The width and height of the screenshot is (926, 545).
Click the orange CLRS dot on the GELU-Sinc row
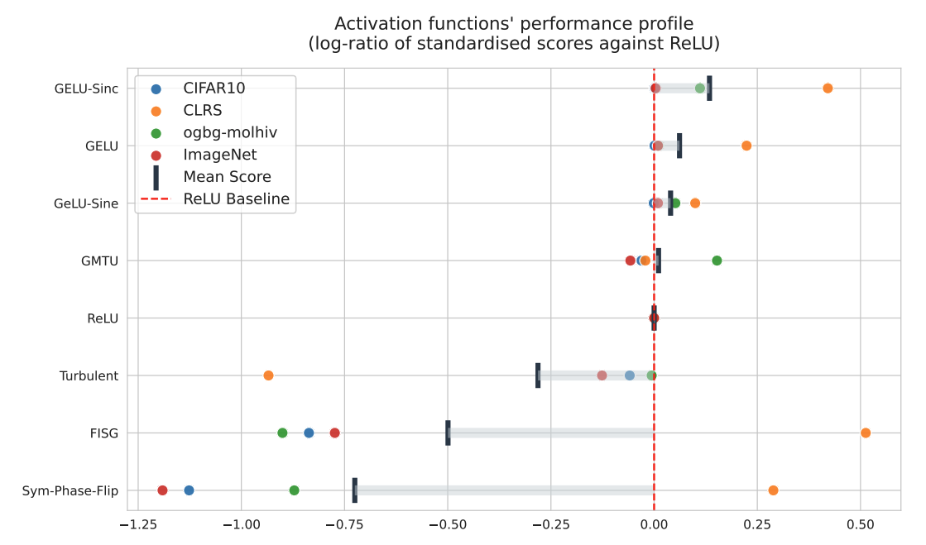[x=828, y=88]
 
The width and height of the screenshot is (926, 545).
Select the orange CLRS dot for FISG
[x=866, y=433]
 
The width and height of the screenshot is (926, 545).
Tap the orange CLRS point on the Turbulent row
[x=268, y=375]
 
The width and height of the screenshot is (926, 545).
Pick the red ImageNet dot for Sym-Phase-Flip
[x=162, y=490]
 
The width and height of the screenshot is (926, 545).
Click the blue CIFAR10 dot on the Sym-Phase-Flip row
[x=189, y=490]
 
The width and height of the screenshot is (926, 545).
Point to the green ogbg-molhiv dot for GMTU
[x=717, y=261]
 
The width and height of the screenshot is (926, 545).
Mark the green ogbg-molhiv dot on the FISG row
[x=282, y=433]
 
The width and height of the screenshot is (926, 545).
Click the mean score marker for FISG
[x=448, y=433]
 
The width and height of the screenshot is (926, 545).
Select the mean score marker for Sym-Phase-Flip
[x=355, y=490]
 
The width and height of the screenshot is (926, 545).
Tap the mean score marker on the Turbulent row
[x=538, y=375]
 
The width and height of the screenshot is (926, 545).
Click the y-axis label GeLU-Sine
[x=86, y=203]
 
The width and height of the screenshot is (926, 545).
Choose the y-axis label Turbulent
[x=89, y=375]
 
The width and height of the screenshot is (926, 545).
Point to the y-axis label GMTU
[x=99, y=261]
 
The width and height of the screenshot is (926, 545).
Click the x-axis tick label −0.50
[x=448, y=523]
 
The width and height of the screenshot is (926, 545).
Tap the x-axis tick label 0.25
[x=757, y=523]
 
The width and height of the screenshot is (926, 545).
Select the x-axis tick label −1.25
[x=138, y=523]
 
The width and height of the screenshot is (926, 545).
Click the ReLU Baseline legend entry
[x=236, y=199]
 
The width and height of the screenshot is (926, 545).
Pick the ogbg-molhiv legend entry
[x=230, y=132]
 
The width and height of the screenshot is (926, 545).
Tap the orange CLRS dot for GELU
[x=746, y=146]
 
